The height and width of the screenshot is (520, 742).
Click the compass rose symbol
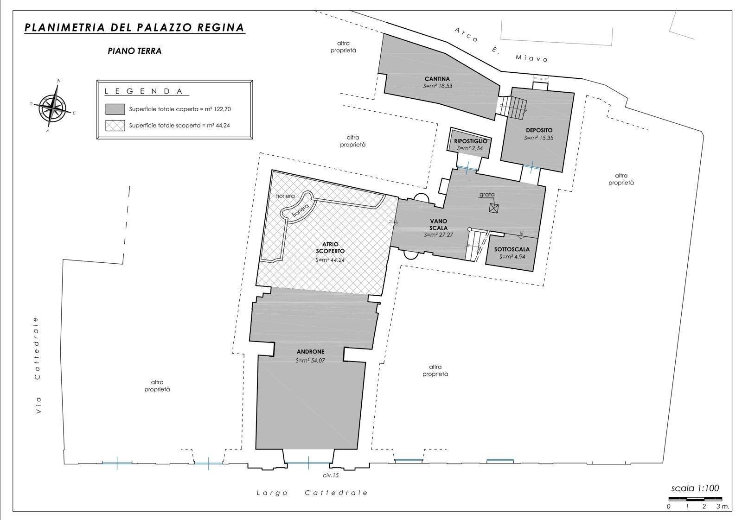coord(52,106)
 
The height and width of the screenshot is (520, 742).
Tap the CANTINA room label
coord(437,79)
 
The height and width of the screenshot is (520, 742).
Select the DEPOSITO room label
coord(539,130)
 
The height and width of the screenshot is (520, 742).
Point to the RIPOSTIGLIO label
coord(470,141)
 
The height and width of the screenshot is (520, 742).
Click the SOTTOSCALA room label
coord(512,249)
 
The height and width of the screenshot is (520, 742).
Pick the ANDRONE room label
coord(310,351)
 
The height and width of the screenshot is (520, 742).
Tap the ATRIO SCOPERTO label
coord(330,247)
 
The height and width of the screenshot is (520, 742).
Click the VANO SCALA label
coord(439,224)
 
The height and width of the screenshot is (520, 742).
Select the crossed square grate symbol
coord(493,208)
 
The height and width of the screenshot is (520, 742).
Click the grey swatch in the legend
coord(115,109)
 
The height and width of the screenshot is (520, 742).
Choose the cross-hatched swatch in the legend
coord(115,126)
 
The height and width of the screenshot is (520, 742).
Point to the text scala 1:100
coord(695,488)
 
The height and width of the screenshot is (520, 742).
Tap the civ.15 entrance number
coord(331,476)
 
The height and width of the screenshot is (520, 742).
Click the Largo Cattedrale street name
coord(313,493)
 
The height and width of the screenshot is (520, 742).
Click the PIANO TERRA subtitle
coord(134,51)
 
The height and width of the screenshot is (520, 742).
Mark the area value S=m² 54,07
coord(310,361)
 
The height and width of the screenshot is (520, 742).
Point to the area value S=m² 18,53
coord(438,86)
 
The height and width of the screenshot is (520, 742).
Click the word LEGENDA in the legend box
coord(143,91)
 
